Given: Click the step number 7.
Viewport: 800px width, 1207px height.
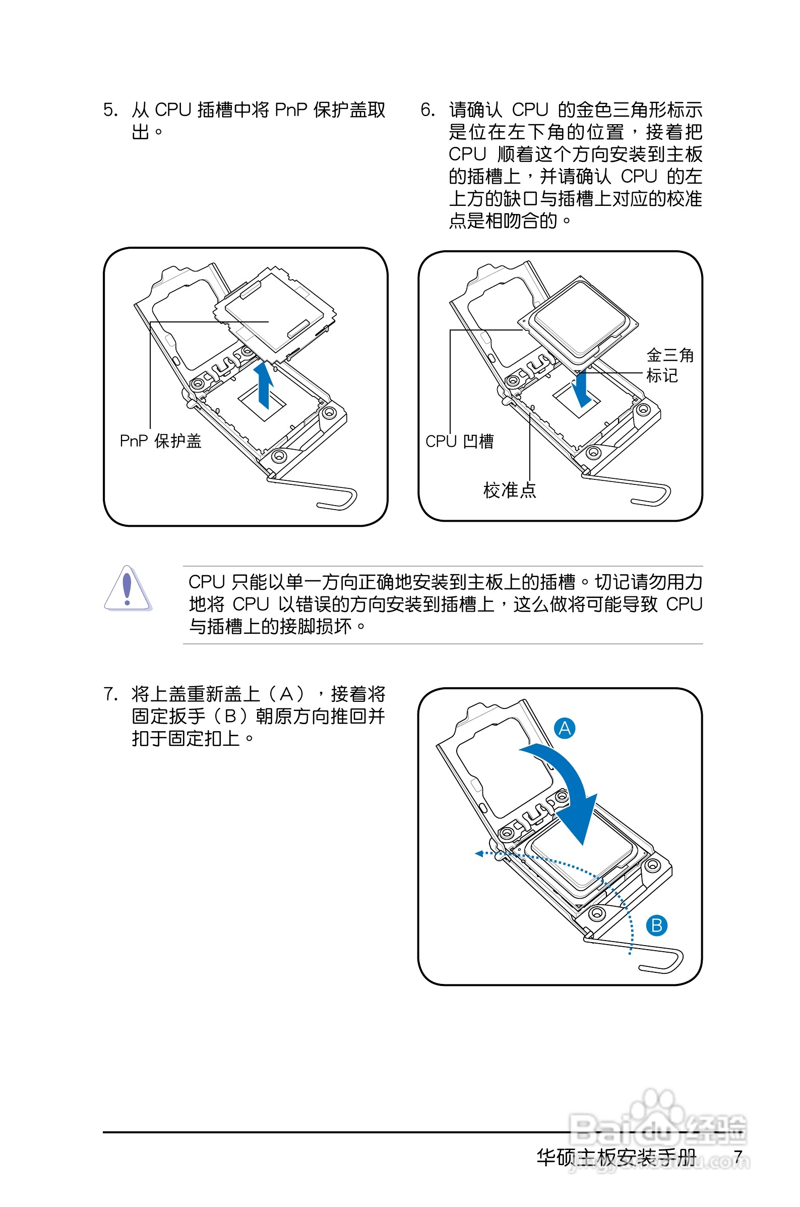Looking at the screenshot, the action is (110, 694).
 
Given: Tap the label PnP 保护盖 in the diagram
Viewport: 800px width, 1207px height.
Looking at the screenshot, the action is (160, 441).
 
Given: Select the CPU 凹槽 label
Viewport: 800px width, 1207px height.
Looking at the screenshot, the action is (459, 441).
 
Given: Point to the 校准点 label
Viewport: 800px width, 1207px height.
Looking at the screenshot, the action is (509, 490).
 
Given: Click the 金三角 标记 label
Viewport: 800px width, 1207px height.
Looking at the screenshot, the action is (669, 365).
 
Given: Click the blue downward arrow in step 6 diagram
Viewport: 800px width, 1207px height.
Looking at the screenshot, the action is (582, 391).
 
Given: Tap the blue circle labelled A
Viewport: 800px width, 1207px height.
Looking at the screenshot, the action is (565, 728).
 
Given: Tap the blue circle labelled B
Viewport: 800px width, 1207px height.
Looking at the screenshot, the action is (657, 925).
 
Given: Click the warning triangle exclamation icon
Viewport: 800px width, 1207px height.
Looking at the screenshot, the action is (127, 589).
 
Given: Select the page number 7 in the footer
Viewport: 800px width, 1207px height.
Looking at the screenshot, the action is (738, 1157).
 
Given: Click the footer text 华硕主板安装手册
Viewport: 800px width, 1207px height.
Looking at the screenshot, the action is (617, 1157).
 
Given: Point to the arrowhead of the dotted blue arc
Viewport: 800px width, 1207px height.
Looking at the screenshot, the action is (479, 853).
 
